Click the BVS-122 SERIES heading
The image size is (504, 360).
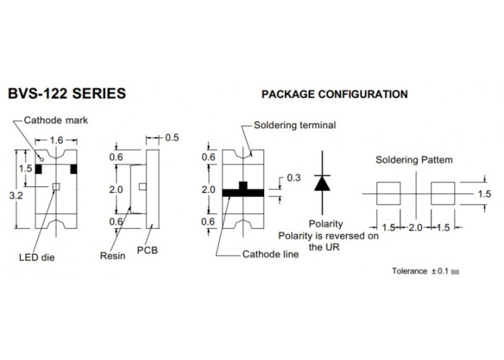click(66, 94)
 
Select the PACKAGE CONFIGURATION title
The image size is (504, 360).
click(335, 94)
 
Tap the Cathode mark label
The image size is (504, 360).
click(56, 120)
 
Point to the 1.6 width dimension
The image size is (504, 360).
click(56, 140)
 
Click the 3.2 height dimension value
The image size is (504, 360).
click(16, 195)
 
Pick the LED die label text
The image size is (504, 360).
click(37, 257)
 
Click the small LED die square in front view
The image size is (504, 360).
click(56, 186)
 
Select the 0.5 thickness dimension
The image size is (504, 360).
click(172, 138)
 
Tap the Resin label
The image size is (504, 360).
click(112, 256)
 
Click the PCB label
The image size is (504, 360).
click(147, 250)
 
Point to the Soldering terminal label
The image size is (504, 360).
click(294, 125)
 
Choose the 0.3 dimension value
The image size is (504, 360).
click(294, 178)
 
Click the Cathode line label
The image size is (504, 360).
click(270, 254)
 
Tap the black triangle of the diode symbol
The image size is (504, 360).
click(323, 183)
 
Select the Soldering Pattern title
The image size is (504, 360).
click(414, 160)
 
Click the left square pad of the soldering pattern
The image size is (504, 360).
click(389, 194)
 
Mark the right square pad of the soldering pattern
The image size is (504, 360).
click(443, 194)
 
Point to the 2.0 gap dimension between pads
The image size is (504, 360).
click(415, 228)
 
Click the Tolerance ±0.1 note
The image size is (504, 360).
click(426, 271)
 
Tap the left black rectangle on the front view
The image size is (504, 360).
click(39, 169)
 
